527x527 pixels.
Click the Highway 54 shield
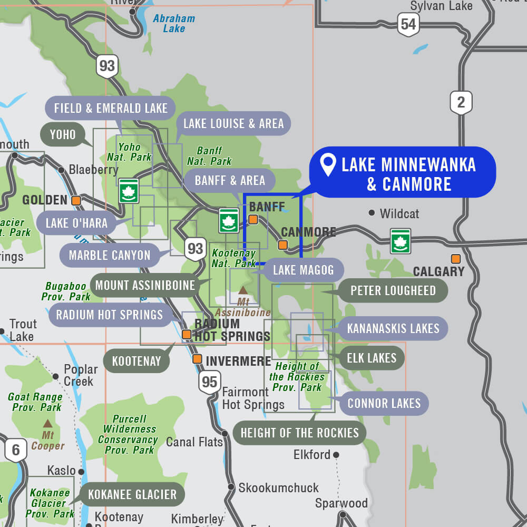[x=408, y=24]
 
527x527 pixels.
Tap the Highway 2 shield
[x=461, y=102]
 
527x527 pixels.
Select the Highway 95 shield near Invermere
[x=209, y=382]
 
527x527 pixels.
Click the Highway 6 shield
[x=16, y=450]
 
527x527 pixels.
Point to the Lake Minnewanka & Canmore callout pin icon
[x=329, y=165]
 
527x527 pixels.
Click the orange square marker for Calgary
[x=455, y=259]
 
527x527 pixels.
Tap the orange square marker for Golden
[x=76, y=200]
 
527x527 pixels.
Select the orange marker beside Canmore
[x=283, y=245]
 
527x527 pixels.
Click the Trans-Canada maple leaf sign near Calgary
[x=401, y=241]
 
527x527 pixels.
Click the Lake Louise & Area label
[x=233, y=124]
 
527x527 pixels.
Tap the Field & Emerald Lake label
[x=110, y=109]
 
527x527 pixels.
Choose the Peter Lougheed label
[x=393, y=291]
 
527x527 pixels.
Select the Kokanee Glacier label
[x=132, y=494]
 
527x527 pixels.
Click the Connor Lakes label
[x=384, y=404]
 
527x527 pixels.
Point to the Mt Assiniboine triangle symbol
[x=243, y=290]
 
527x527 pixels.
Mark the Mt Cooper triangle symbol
[x=47, y=423]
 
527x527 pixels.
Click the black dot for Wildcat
[x=372, y=213]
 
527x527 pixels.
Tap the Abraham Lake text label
[x=174, y=24]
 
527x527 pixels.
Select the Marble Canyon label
[x=110, y=256]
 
